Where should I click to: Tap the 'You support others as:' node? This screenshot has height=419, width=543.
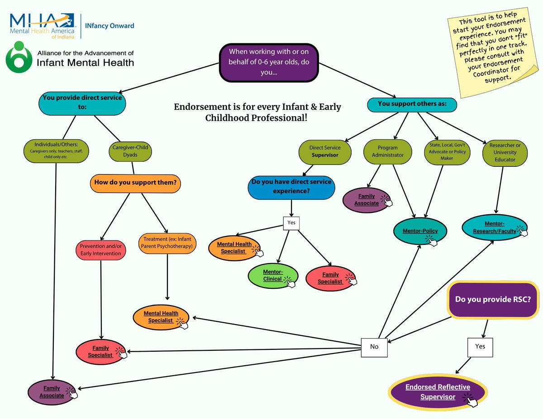411,104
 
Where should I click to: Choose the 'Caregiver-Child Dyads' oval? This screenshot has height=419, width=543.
129,151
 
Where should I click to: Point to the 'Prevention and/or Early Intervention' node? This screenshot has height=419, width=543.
100,250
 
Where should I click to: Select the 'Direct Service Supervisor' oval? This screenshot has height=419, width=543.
324,151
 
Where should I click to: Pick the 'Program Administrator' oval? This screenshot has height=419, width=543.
387,151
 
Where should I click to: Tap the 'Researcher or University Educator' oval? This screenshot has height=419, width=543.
505,152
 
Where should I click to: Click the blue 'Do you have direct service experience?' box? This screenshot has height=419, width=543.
291,186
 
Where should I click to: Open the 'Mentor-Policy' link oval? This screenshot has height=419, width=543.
420,231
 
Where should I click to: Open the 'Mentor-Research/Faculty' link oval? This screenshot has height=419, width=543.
494,228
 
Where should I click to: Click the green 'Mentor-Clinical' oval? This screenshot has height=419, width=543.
273,275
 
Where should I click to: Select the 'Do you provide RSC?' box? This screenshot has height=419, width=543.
493,300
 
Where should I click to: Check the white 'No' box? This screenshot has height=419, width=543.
374,347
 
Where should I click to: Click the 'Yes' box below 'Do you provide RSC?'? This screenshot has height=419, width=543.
480,347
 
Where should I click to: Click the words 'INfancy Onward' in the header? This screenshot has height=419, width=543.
110,26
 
